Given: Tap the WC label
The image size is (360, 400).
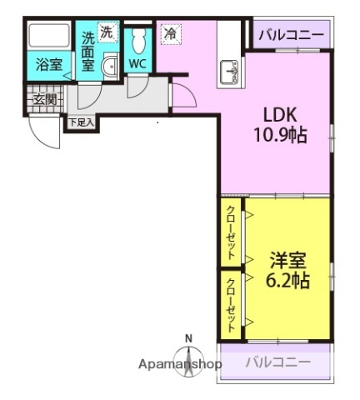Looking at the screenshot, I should pyautogui.click(x=138, y=64).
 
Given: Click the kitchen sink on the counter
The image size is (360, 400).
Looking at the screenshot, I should pyautogui.click(x=229, y=74).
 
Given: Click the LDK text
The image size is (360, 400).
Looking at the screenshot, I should pyautogui.click(x=281, y=114).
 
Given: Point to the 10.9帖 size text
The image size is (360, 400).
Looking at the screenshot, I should pyautogui.click(x=281, y=133).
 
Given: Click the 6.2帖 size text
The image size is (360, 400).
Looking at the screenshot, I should pyautogui.click(x=284, y=280).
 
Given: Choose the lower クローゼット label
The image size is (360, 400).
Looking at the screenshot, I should pyautogui.click(x=232, y=304).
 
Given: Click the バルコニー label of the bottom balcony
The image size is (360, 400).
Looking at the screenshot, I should pyautogui.click(x=277, y=362).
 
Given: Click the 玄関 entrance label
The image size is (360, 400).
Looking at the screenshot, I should pyautogui.click(x=43, y=100).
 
